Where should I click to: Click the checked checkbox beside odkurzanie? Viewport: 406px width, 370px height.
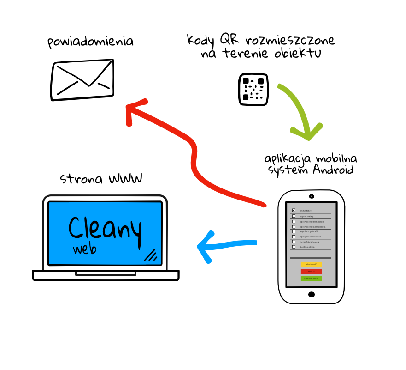click(294, 210)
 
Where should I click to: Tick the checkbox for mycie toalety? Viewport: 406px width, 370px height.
click(294, 216)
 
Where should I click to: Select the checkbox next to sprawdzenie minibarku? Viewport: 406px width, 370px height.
click(294, 221)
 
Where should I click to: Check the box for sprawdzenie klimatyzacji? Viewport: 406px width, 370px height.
click(294, 226)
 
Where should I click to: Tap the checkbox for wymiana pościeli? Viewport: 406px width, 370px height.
click(294, 231)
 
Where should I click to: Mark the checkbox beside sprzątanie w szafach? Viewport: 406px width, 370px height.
click(294, 237)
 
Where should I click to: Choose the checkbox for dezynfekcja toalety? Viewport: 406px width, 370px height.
click(294, 242)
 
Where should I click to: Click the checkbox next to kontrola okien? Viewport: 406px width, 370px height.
click(294, 247)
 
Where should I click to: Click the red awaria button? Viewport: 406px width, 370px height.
click(311, 272)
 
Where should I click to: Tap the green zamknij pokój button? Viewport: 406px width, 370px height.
click(311, 279)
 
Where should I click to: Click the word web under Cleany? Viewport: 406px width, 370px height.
click(84, 249)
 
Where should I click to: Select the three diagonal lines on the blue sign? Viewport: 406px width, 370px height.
click(151, 255)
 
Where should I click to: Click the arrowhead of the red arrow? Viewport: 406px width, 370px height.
click(131, 109)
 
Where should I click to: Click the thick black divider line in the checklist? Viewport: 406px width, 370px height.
click(311, 258)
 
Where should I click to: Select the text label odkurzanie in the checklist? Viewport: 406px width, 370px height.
click(306, 211)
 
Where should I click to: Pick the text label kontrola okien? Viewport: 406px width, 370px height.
click(307, 247)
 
